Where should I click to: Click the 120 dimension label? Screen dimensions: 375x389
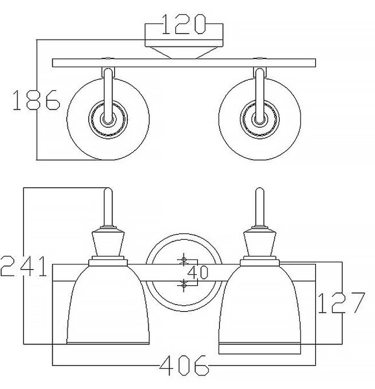click(x=184, y=24)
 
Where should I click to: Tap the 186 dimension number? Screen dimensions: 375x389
click(x=36, y=100)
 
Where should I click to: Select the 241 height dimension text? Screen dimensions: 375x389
click(x=24, y=266)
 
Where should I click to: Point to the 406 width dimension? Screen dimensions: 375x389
click(x=184, y=366)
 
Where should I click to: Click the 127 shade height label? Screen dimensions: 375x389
click(x=341, y=302)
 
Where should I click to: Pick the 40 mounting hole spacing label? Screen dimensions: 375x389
click(x=197, y=272)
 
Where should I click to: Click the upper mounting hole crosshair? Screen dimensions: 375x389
click(x=184, y=260)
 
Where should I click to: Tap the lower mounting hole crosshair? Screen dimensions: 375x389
click(x=184, y=285)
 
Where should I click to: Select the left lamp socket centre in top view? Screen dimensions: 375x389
click(x=108, y=119)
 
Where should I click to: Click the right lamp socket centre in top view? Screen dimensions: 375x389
click(x=260, y=119)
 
